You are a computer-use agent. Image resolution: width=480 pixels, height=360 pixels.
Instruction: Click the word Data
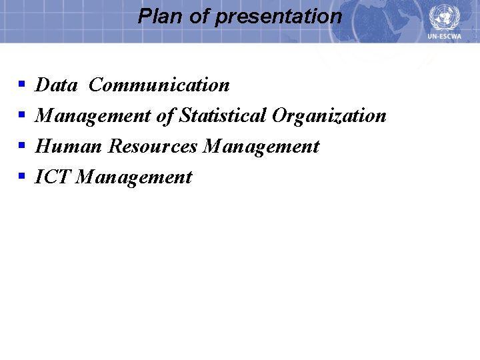[x=56, y=85]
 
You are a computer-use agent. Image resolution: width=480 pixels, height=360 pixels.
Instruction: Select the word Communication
[x=159, y=85]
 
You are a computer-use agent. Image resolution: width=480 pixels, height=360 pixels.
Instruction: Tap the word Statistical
[x=223, y=116]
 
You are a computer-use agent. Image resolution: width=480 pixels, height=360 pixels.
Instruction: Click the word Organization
[x=329, y=116]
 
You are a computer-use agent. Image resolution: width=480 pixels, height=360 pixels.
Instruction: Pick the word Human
[x=69, y=146]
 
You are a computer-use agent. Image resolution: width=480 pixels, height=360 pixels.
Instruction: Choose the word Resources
[x=153, y=146]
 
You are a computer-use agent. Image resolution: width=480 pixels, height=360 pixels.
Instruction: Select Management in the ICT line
[x=134, y=177]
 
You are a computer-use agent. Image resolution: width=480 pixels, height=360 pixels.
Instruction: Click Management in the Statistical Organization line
[x=93, y=116]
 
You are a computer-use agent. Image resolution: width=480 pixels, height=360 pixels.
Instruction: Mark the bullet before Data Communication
[x=21, y=85]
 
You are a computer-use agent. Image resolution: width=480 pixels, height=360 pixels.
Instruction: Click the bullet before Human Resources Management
[x=21, y=146]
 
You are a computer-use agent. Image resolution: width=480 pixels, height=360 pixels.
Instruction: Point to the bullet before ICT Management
[x=21, y=177]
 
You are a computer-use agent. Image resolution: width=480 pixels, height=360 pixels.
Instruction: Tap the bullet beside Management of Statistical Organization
[x=21, y=116]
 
